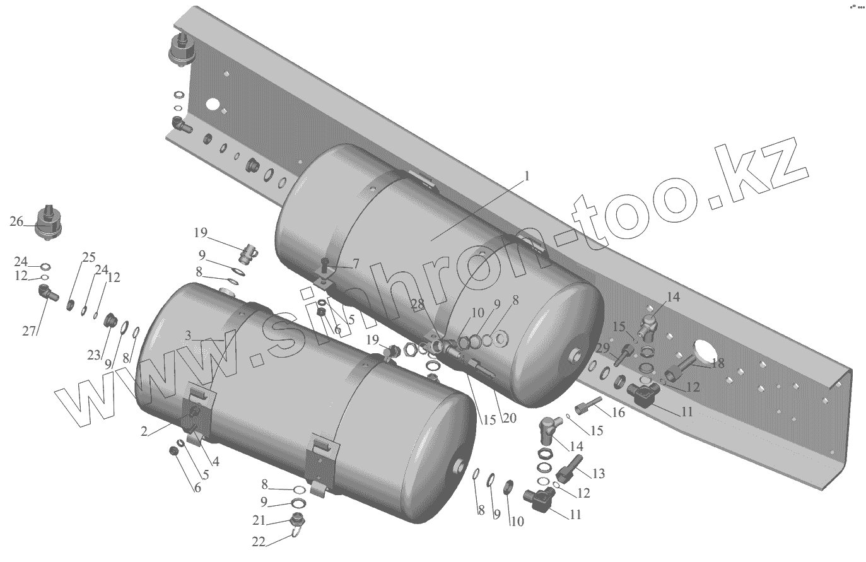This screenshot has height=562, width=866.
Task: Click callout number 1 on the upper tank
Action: [527, 177]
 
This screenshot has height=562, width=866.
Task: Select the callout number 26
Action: [16, 221]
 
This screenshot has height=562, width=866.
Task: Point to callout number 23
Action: [94, 356]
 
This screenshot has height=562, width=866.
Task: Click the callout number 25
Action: [88, 257]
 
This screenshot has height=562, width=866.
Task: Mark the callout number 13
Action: [597, 473]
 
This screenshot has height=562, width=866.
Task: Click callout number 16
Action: [618, 413]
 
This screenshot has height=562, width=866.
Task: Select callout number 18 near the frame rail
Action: [717, 363]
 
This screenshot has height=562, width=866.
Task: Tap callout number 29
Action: [602, 348]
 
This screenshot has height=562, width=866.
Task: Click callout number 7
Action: [355, 264]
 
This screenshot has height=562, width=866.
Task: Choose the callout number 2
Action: [144, 431]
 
